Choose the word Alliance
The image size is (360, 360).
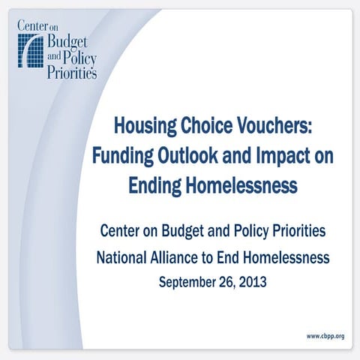coord(184,258)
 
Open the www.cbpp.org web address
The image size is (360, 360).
coord(325,335)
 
